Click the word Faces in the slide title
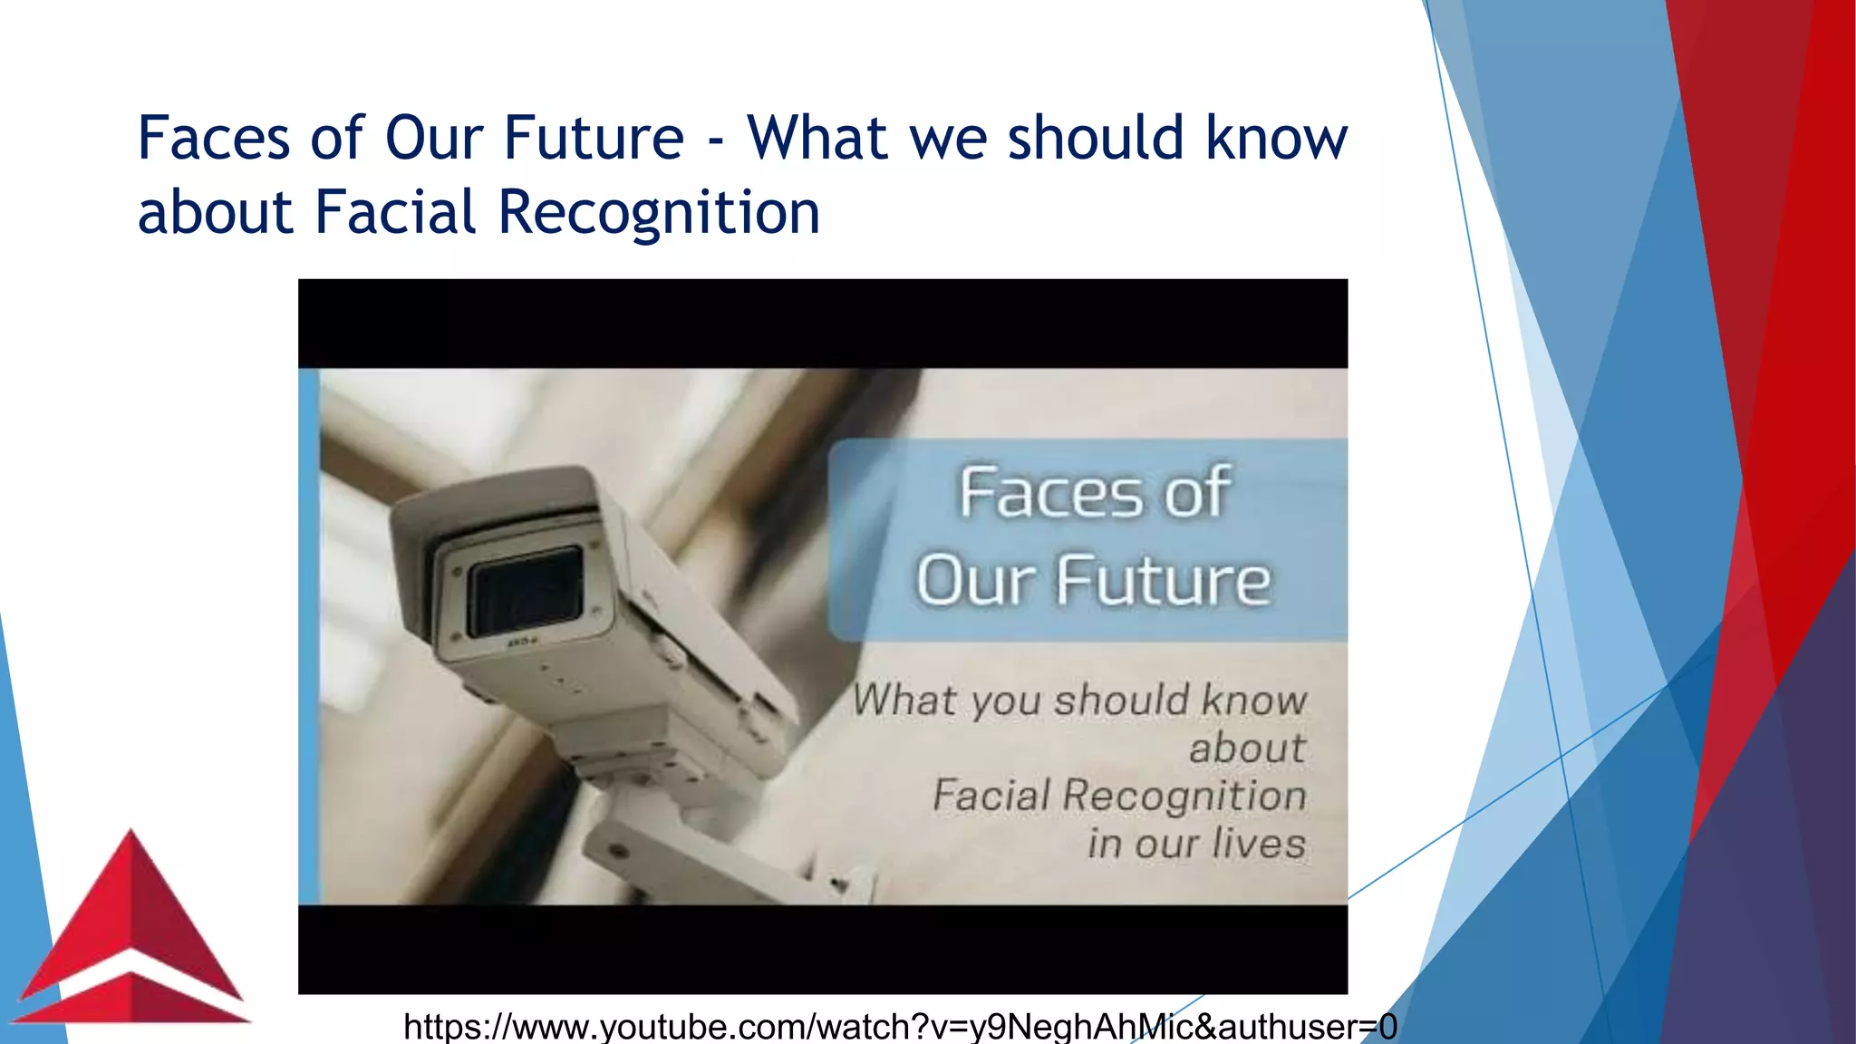pyautogui.click(x=214, y=138)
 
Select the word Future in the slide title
pyautogui.click(x=594, y=138)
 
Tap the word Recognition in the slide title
pyautogui.click(x=659, y=212)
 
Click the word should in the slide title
pyautogui.click(x=1096, y=138)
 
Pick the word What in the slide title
pyautogui.click(x=817, y=138)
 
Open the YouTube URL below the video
pyautogui.click(x=900, y=1027)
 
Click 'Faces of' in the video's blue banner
pyautogui.click(x=1094, y=493)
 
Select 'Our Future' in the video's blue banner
pyautogui.click(x=1094, y=580)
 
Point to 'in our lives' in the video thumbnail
pyautogui.click(x=1196, y=843)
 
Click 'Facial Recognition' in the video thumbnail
pyautogui.click(x=1119, y=796)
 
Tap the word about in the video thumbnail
pyautogui.click(x=1247, y=749)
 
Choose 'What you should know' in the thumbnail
pyautogui.click(x=1079, y=700)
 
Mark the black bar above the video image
pyautogui.click(x=823, y=324)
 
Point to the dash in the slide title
pyautogui.click(x=716, y=143)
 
